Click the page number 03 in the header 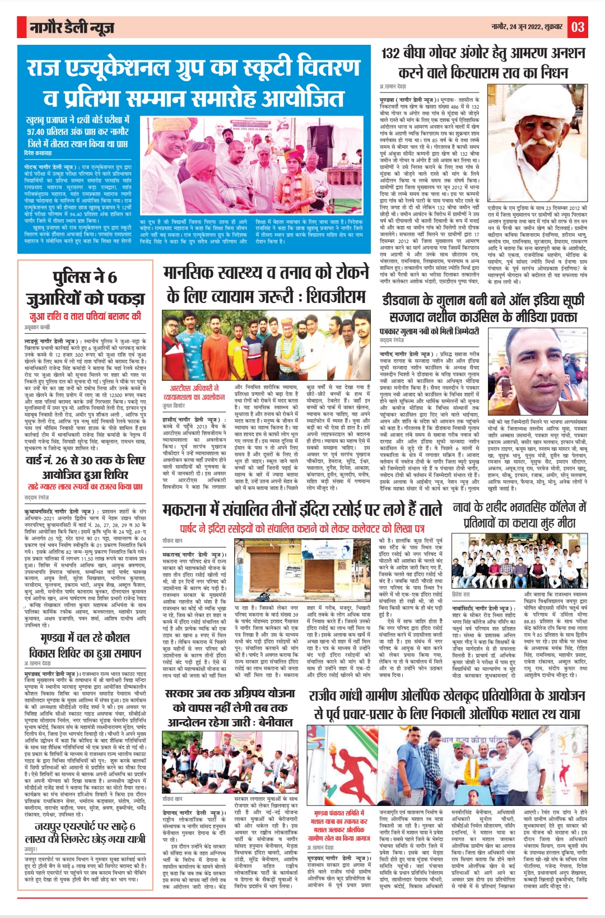pyautogui.click(x=578, y=26)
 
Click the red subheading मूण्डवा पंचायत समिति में pyautogui.click(x=339, y=813)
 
